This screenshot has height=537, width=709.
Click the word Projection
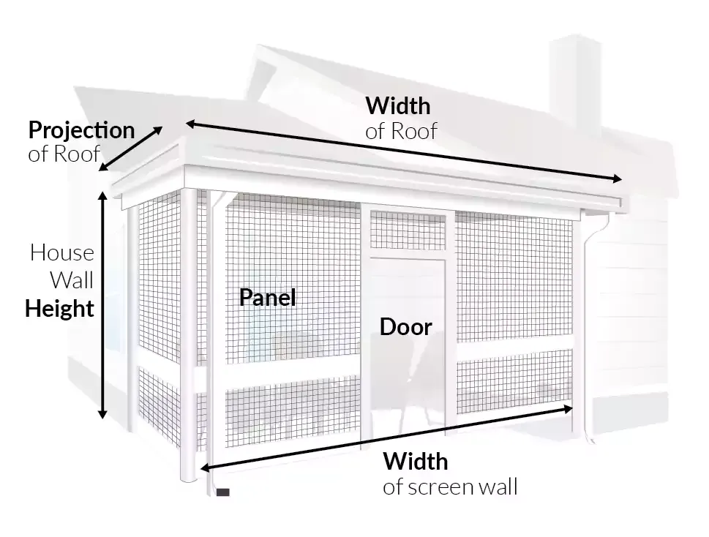pos(81,131)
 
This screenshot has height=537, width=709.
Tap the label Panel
pos(268,298)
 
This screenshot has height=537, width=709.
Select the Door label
pos(405,327)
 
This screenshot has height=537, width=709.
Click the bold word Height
pos(60,309)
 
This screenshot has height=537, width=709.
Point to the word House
pos(62,253)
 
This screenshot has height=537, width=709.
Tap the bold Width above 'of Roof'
pos(397,106)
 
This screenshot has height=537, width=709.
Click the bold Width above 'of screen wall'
pos(415,462)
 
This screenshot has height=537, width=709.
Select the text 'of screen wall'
pos(449,487)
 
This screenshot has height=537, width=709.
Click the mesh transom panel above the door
pos(408,229)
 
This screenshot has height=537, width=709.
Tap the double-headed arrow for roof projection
pos(132,149)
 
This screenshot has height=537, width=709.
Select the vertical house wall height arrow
pos(103,304)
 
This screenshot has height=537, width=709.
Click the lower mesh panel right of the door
pos(513,380)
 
